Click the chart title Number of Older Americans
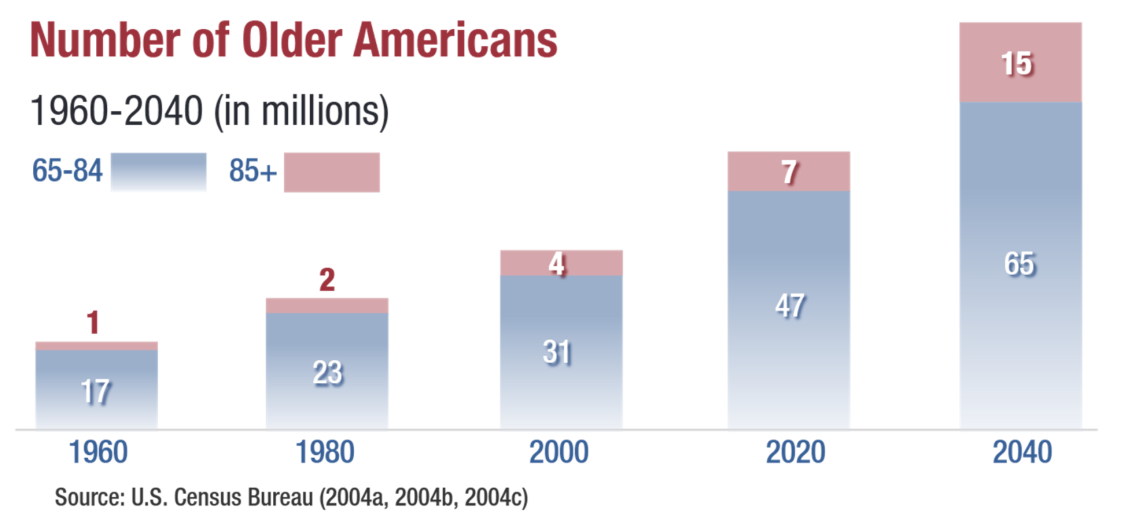293,41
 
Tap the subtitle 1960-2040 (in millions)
209,111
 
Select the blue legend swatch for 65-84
158,172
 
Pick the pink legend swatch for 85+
331,172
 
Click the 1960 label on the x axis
98,452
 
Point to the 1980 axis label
325,452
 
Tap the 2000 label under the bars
559,452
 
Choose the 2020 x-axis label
795,452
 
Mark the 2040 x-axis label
1022,452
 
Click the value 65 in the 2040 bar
1019,264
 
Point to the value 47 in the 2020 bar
790,306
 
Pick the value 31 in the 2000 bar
557,353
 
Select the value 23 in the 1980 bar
327,373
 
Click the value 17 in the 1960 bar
95,391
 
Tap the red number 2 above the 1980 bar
327,279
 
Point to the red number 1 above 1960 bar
93,323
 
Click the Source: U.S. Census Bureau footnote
291,497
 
